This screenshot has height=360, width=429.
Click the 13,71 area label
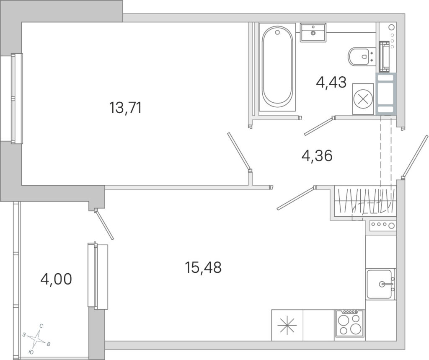pos(126,108)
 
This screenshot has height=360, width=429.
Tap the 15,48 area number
pos(203,267)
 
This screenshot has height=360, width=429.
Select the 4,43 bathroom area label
pos(331,82)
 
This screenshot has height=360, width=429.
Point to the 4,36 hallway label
pos(317,155)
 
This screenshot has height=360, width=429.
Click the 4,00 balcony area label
pos(56,279)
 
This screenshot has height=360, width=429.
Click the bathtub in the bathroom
pos(277,67)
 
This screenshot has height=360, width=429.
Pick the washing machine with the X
pos(363,99)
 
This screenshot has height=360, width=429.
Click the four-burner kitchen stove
pos(349,325)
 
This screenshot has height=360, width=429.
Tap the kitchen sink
pos(381,284)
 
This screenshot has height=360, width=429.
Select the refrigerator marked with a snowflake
pos(287,325)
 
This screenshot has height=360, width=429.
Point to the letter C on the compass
pos(41,326)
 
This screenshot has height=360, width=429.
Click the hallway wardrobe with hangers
pos(365,201)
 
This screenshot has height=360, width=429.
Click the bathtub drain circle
pos(277,32)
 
